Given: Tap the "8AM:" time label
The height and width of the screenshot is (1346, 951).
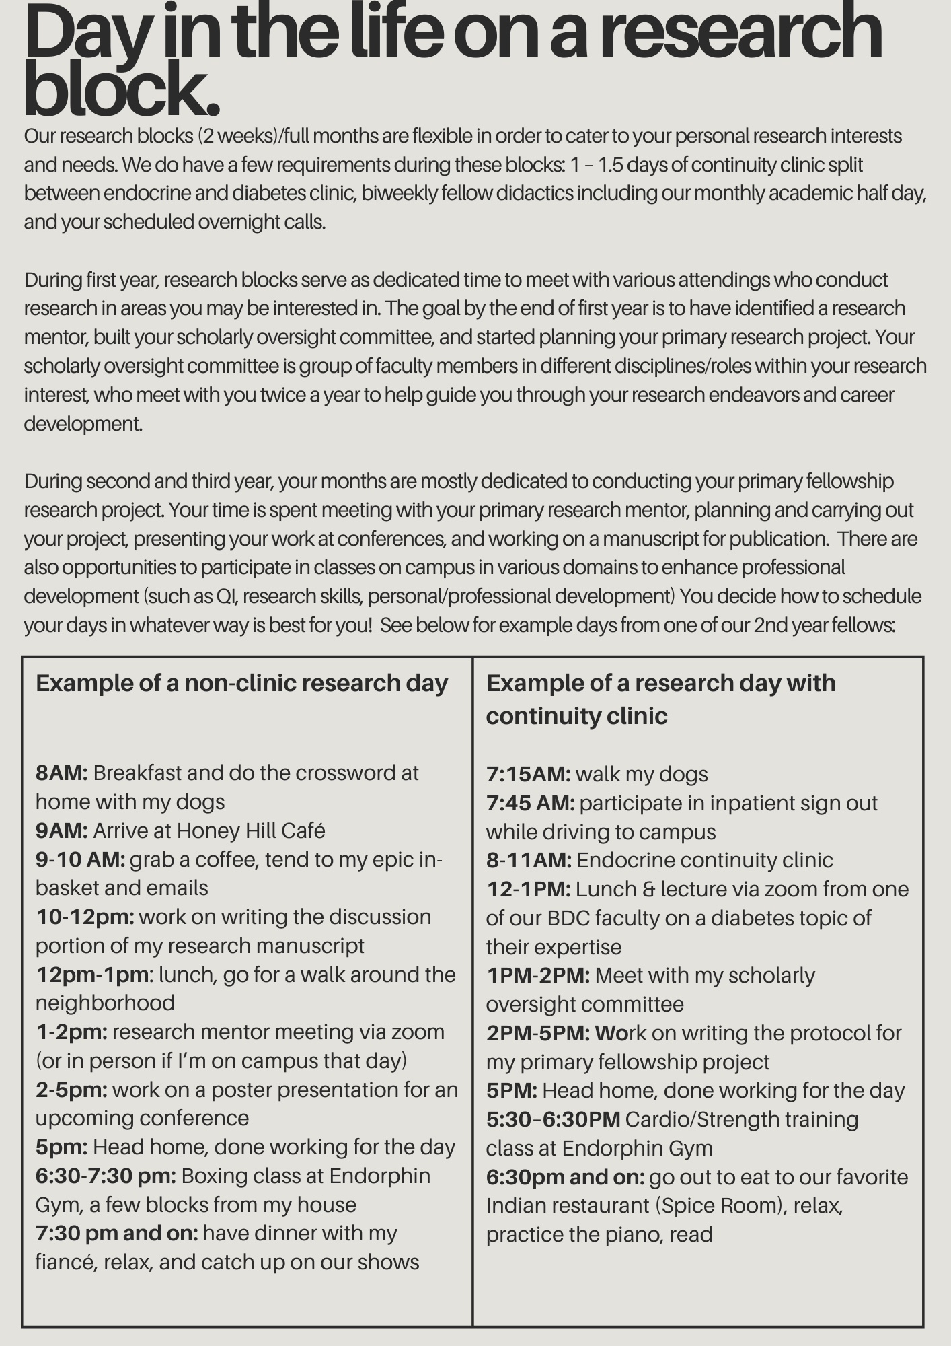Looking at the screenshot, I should pos(61,773).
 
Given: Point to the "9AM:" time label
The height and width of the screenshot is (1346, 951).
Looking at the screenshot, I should pos(61,830).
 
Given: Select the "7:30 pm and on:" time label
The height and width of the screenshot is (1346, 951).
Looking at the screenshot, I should pos(116,1233).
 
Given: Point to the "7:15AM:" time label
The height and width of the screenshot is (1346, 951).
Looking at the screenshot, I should pos(528,774).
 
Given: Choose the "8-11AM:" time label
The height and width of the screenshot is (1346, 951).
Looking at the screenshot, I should pos(529,860).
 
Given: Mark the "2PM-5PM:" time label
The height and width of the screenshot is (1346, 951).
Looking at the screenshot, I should pos(538,1033).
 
